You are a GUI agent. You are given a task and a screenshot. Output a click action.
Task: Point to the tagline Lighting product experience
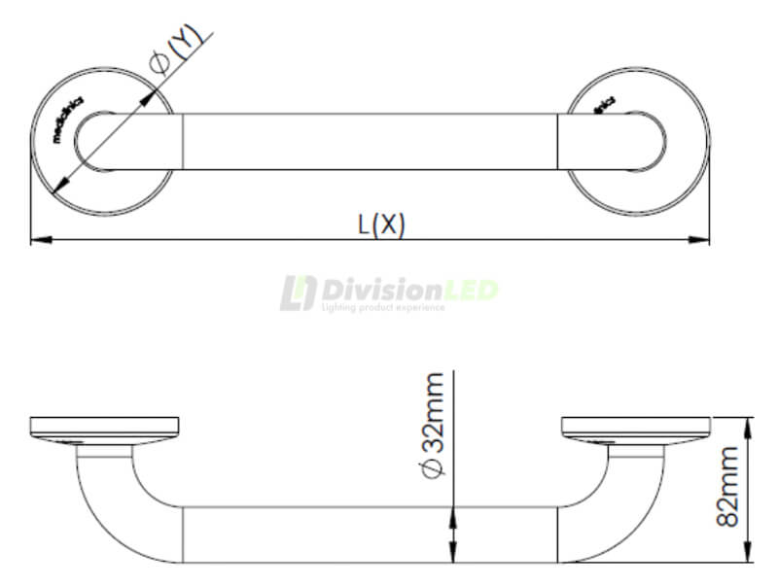(x=382, y=308)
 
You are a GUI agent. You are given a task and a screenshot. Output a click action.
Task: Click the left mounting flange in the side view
(x=105, y=426)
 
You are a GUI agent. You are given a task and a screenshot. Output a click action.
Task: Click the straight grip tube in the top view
(x=370, y=142)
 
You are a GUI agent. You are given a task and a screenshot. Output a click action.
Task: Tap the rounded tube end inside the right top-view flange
(x=654, y=142)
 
